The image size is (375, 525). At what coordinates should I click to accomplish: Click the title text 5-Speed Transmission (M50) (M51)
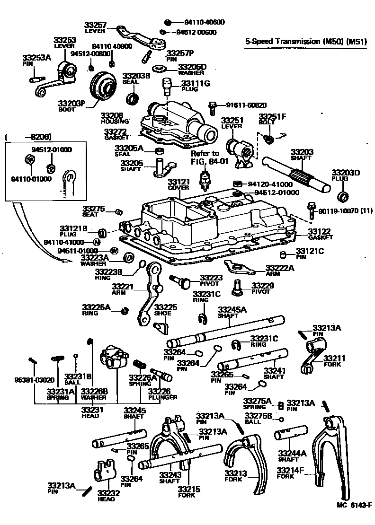click(305, 42)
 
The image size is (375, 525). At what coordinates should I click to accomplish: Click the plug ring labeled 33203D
click(342, 196)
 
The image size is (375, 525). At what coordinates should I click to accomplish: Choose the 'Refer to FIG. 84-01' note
click(205, 157)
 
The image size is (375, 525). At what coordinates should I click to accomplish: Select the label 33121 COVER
click(179, 184)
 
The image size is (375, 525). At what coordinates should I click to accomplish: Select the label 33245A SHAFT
click(232, 313)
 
